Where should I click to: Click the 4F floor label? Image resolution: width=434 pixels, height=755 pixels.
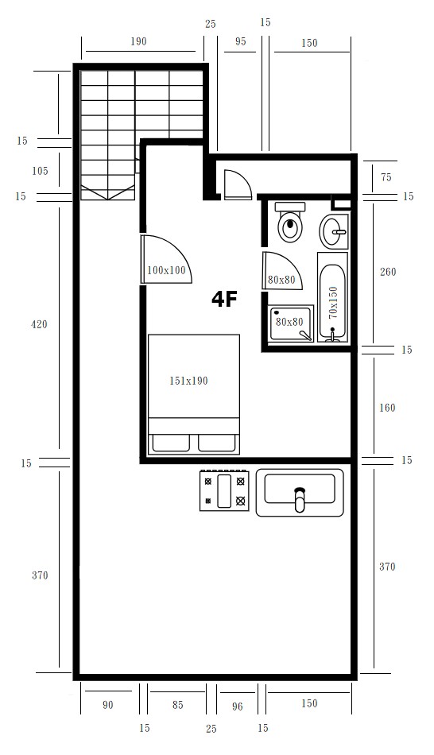pyautogui.click(x=224, y=299)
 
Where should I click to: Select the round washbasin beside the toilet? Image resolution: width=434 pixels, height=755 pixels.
pyautogui.click(x=333, y=231)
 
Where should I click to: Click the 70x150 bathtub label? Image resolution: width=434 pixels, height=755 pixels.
pyautogui.click(x=333, y=302)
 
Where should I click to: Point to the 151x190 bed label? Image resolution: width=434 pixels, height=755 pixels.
pyautogui.click(x=188, y=381)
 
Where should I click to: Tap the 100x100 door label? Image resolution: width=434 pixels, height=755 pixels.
pyautogui.click(x=166, y=270)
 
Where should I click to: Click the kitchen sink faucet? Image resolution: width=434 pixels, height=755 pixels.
pyautogui.click(x=300, y=499)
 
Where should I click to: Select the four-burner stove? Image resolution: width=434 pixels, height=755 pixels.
pyautogui.click(x=224, y=490)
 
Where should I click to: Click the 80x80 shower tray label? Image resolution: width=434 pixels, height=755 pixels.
pyautogui.click(x=289, y=322)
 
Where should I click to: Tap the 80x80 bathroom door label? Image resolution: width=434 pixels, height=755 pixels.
pyautogui.click(x=281, y=280)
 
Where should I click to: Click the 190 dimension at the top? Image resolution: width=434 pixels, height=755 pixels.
pyautogui.click(x=138, y=41)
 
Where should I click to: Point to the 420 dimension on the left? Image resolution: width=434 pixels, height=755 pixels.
pyautogui.click(x=39, y=324)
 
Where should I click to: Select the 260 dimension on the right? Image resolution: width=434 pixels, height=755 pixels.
pyautogui.click(x=388, y=272)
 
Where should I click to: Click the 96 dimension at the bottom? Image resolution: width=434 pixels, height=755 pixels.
pyautogui.click(x=237, y=707)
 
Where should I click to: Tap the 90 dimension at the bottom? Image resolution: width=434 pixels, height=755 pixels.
pyautogui.click(x=108, y=705)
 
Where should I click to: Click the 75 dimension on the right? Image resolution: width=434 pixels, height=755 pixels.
pyautogui.click(x=386, y=177)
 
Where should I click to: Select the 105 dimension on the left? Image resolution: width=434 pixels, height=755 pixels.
pyautogui.click(x=40, y=170)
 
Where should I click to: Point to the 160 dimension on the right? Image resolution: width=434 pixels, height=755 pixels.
pyautogui.click(x=387, y=408)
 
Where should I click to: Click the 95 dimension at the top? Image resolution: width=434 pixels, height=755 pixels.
pyautogui.click(x=240, y=41)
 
